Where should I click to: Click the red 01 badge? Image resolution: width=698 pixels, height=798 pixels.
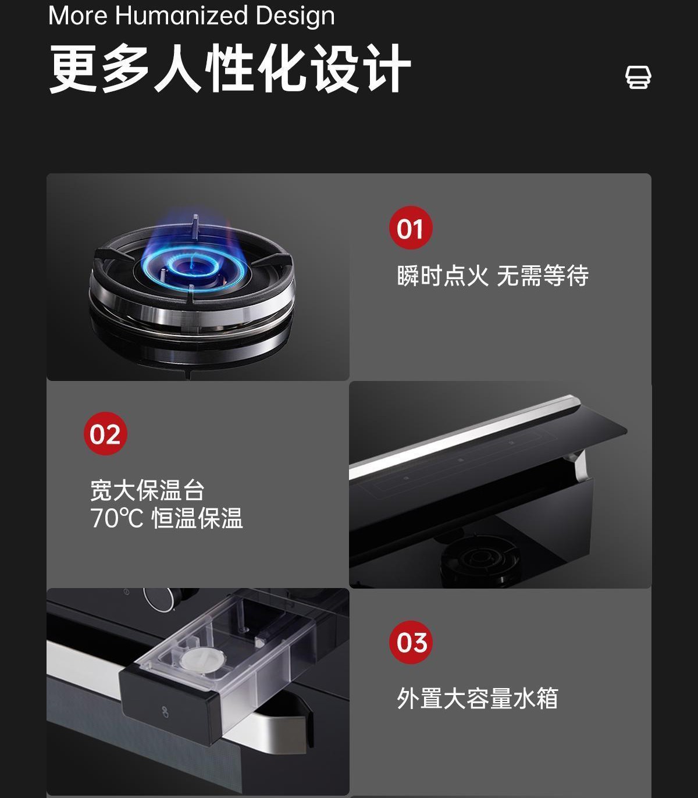(411, 228)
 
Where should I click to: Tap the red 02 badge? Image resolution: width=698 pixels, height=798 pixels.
(105, 433)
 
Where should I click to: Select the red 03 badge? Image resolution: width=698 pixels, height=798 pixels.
(411, 642)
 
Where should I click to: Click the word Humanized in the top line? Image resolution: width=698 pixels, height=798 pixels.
(181, 16)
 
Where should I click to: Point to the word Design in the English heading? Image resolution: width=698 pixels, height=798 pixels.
(295, 16)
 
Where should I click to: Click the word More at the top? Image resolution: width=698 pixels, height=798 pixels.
(77, 16)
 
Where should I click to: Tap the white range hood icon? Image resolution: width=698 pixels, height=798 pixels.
(638, 77)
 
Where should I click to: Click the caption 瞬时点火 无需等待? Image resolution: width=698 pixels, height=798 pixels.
(493, 276)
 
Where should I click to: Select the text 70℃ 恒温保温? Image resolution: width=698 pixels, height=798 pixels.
(166, 518)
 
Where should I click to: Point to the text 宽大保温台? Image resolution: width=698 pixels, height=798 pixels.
(147, 490)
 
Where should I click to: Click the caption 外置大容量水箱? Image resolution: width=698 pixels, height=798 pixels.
(478, 698)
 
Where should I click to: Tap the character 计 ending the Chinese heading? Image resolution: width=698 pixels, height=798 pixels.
(387, 69)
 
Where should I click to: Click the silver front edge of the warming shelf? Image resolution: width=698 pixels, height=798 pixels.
(464, 437)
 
